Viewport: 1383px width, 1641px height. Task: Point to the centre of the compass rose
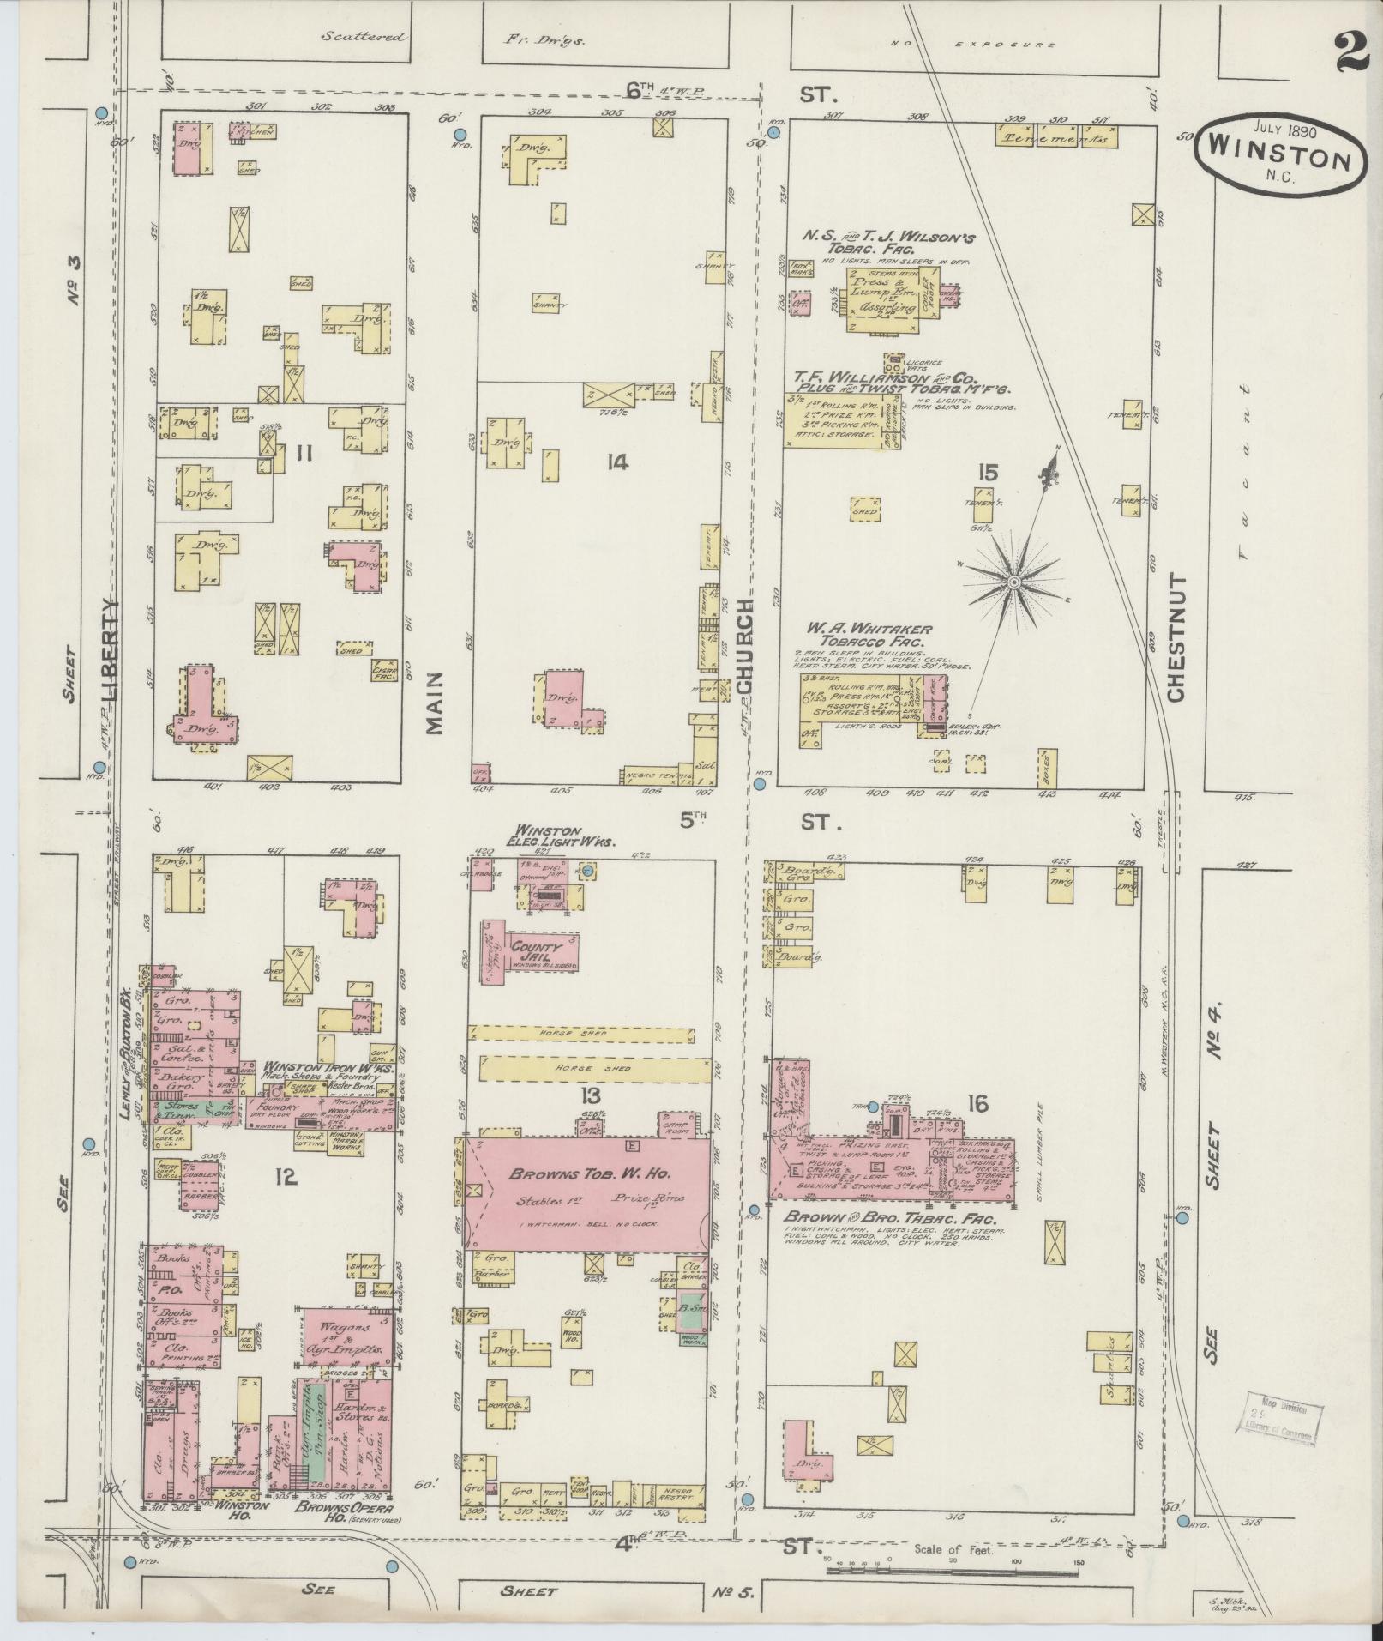point(1013,582)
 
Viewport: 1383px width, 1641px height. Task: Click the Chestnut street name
point(1176,636)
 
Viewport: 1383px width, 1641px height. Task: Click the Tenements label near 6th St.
point(1056,137)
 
